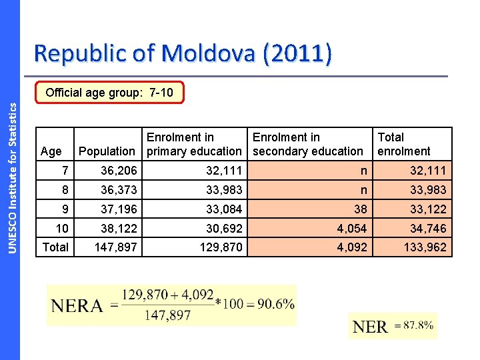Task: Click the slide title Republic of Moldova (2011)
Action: tap(182, 54)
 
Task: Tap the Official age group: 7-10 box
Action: tap(109, 93)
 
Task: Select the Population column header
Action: tap(107, 151)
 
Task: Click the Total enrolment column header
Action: tap(404, 144)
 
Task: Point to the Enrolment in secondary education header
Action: tap(307, 144)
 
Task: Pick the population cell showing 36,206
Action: tap(119, 171)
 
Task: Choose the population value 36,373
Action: tap(119, 190)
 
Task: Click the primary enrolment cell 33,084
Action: tap(224, 209)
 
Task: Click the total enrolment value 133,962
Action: tap(424, 248)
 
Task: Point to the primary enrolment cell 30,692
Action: tap(224, 229)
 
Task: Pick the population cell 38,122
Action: tap(119, 229)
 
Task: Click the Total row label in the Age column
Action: tap(55, 247)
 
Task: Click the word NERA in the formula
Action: tap(77, 306)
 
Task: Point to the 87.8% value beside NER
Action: tap(415, 325)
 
